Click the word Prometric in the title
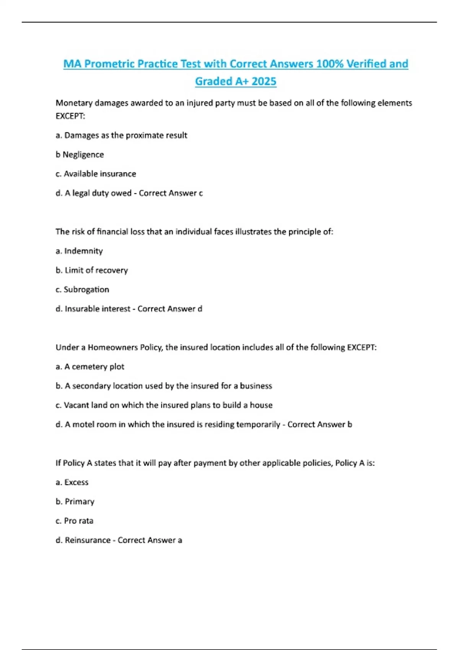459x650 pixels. point(109,64)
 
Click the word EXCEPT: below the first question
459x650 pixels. point(70,116)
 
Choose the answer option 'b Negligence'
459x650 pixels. point(80,154)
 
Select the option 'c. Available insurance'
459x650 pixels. point(96,174)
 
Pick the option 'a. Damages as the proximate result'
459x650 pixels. point(121,135)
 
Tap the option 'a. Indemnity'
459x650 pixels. point(79,251)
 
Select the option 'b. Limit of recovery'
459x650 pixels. point(92,270)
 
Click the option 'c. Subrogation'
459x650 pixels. point(82,289)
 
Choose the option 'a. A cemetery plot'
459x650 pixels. point(90,367)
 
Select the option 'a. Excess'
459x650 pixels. point(72,483)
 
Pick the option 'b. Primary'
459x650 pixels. point(75,502)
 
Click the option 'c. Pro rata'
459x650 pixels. point(74,521)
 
